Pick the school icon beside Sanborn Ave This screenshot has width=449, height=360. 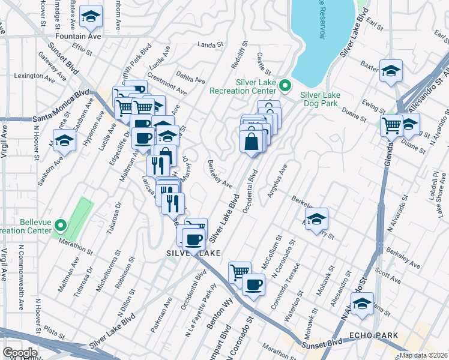pos(64,142)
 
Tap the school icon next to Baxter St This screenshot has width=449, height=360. pos(391,71)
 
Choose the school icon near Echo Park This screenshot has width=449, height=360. pos(362,305)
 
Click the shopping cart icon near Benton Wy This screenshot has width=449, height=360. pos(240,272)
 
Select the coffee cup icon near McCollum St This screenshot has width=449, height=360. pos(253,283)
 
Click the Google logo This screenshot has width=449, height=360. pos(20,352)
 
